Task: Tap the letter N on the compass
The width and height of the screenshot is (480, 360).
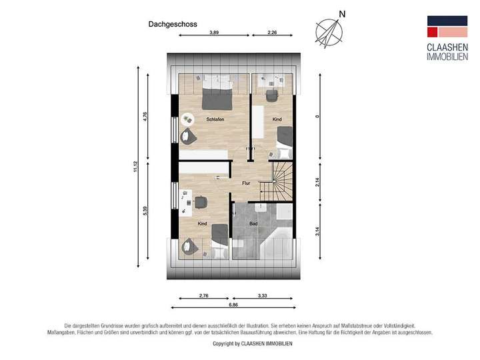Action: tap(342, 13)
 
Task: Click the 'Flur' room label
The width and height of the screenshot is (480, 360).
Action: tap(245, 182)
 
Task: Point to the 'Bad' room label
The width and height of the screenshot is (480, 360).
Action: tap(253, 223)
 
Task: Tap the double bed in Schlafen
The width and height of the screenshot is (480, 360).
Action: tap(217, 93)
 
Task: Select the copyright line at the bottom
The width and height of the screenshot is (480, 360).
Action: tap(251, 343)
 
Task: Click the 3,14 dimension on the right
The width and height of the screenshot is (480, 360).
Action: tap(318, 233)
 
